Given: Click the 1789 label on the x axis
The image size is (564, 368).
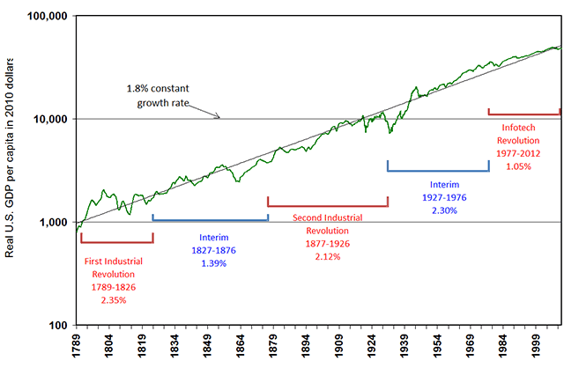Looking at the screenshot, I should (x=77, y=348).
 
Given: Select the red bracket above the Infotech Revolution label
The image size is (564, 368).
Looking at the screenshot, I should (x=523, y=113).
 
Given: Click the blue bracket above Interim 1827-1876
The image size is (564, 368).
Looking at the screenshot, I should (x=210, y=218).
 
